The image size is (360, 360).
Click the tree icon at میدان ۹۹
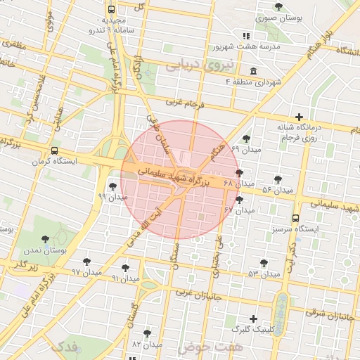[x=113, y=186]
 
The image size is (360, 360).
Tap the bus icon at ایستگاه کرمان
[x=55, y=151]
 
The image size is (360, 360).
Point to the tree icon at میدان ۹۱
[x=125, y=268]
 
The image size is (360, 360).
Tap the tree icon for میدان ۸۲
[x=146, y=333]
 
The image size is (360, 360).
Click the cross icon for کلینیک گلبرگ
[x=254, y=319]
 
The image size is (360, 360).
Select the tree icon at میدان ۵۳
[x=264, y=263]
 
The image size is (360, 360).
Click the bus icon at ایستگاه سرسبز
[x=295, y=219]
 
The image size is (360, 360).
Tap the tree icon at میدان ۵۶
[x=278, y=180]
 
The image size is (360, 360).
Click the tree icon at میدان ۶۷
[x=239, y=200]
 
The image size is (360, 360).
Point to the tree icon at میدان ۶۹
[x=245, y=139]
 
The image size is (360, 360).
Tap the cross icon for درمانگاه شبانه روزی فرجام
[x=300, y=117]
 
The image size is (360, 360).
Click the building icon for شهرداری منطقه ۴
[x=253, y=72]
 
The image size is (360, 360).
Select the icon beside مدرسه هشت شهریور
[x=245, y=36]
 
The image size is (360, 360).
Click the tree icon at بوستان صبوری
[x=279, y=7]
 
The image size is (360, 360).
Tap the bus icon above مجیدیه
[x=112, y=10]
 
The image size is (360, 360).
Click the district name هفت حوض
[x=210, y=347]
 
